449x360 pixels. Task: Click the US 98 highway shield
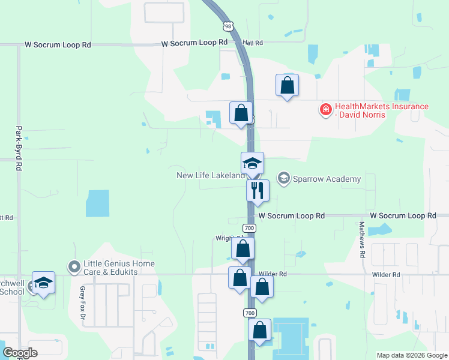(227, 26)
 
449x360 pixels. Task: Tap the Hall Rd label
(253, 43)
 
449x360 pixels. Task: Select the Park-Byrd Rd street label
(19, 147)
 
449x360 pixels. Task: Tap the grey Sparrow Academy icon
(283, 178)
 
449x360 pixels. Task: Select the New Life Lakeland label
(211, 175)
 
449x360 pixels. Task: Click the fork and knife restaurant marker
(258, 190)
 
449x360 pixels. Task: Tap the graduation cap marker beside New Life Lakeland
(253, 163)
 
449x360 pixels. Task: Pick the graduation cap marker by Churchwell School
(43, 282)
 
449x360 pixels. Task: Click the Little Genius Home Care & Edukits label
(119, 268)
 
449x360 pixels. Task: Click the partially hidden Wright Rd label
(223, 238)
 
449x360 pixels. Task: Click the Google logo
(20, 353)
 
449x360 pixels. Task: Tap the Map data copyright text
(412, 355)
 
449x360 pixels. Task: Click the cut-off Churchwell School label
(12, 287)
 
